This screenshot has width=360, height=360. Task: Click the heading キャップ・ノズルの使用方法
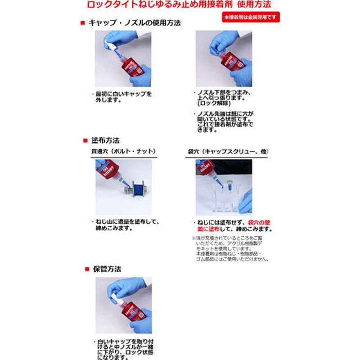coord(134,23)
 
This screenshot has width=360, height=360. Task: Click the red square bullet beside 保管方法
coord(87,269)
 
